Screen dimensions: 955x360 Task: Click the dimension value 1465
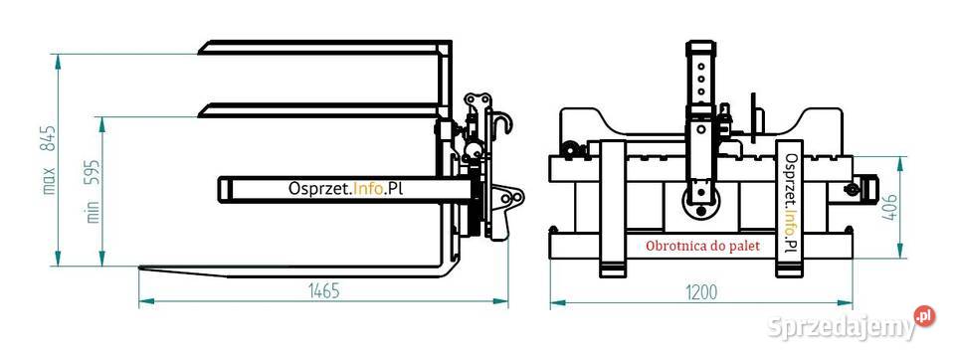[322, 291]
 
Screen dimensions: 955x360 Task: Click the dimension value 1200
[700, 292]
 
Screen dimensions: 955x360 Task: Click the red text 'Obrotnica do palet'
[702, 246]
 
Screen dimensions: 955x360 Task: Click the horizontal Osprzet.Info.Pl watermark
[346, 189]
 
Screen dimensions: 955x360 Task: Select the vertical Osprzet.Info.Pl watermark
[791, 202]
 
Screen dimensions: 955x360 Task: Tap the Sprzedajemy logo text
[842, 328]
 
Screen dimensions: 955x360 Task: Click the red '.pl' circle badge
[924, 316]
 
